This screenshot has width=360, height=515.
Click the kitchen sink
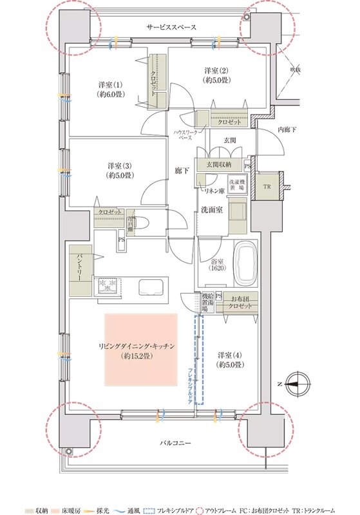[153, 288]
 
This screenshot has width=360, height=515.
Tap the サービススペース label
[171, 28]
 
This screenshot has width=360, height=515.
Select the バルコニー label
[175, 444]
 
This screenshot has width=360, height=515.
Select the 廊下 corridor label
[182, 171]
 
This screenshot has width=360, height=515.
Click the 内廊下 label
[287, 130]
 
